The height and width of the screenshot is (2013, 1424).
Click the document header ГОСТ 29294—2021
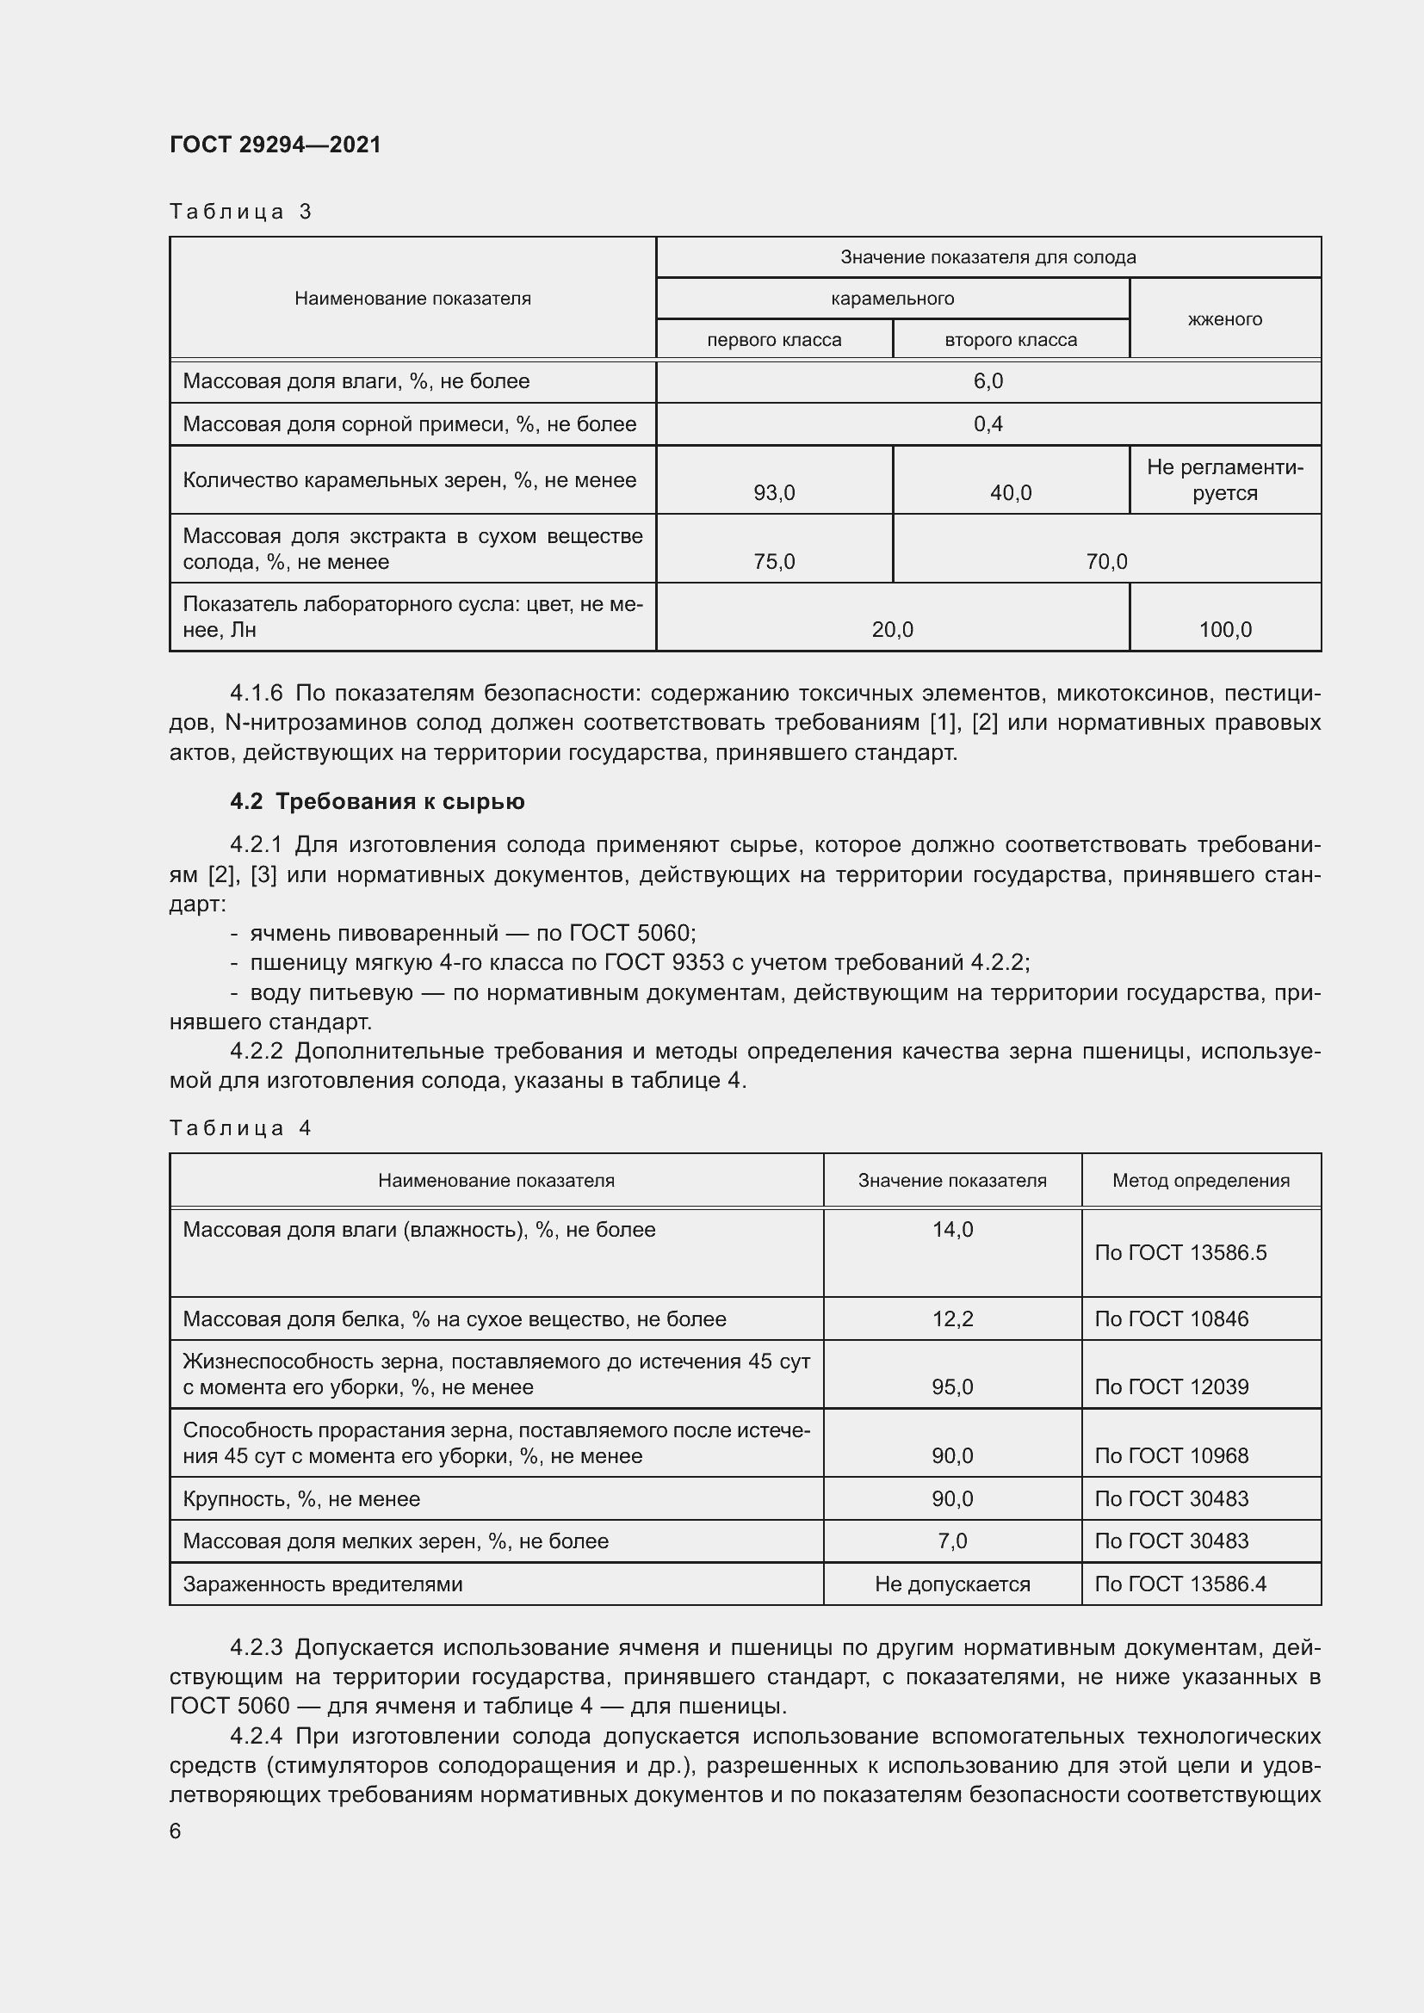tap(276, 145)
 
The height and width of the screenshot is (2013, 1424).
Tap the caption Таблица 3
tap(240, 212)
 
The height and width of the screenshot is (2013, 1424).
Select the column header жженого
tap(1224, 319)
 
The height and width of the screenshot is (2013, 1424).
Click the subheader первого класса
tap(773, 340)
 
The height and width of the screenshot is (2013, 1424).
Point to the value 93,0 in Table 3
tap(773, 493)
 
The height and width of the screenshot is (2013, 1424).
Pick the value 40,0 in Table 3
tap(1010, 493)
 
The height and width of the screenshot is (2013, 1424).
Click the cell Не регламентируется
tap(1224, 479)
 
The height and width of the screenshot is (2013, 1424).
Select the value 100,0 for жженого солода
tap(1224, 629)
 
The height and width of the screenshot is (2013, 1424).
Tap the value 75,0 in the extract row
tap(773, 561)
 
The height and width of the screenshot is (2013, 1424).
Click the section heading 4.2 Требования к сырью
tap(377, 801)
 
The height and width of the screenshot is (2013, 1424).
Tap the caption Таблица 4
tap(240, 1127)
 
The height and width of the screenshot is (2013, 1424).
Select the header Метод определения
tap(1200, 1180)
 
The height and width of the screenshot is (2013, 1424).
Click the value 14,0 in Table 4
tap(952, 1229)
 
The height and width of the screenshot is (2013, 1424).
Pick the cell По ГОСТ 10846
tap(1171, 1318)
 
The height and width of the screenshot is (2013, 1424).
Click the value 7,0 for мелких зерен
tap(952, 1541)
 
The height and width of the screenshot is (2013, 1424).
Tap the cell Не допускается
tap(952, 1584)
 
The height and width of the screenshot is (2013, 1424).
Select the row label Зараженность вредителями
tap(322, 1584)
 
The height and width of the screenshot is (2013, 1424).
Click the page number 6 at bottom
tap(176, 1831)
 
